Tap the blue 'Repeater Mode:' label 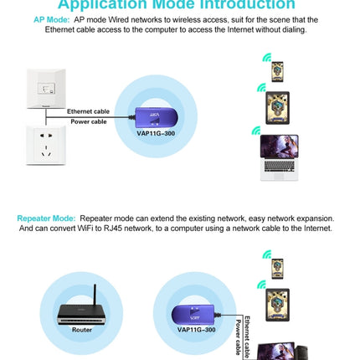[x=45, y=218]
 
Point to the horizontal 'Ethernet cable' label [x=88, y=111]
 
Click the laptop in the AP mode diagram [x=279, y=157]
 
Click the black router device [x=81, y=316]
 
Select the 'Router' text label [x=81, y=330]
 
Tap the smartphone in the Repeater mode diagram [x=277, y=268]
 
